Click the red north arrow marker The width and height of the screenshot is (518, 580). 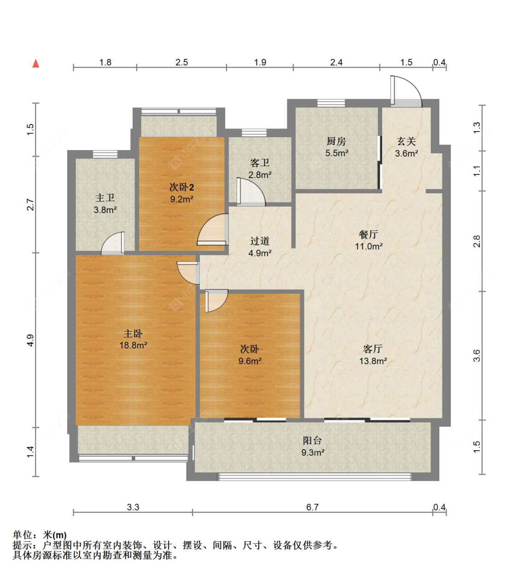(35, 64)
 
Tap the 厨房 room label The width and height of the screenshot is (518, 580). (336, 141)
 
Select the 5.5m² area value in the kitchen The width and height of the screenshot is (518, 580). (337, 153)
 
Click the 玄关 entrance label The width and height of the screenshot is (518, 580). (407, 141)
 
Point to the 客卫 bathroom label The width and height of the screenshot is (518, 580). (260, 163)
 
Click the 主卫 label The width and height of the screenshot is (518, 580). (105, 198)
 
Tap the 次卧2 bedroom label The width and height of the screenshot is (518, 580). (181, 187)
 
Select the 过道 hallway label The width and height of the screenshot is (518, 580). (260, 241)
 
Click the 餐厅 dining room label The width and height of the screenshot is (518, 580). (368, 234)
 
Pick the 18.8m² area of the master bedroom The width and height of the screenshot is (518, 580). (133, 345)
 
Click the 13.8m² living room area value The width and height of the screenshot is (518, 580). (372, 361)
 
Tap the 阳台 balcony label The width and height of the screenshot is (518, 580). (312, 441)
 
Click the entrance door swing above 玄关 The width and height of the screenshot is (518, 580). (405, 92)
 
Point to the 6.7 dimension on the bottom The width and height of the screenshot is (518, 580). (312, 507)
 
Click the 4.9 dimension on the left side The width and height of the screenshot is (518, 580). (30, 340)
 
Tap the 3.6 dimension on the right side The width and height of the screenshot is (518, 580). (477, 355)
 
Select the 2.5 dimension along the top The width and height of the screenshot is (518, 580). (181, 62)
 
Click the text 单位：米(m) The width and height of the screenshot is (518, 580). (40, 535)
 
